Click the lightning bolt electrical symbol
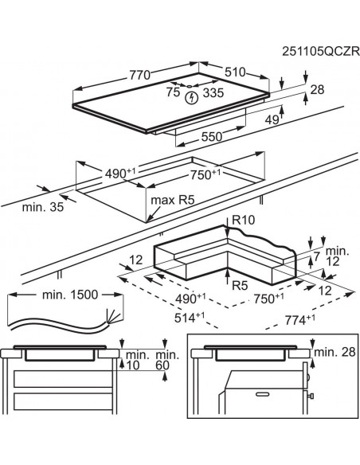point(190,98)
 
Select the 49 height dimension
point(272,120)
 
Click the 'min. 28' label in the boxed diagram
point(335,352)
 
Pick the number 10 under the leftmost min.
point(131,365)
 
